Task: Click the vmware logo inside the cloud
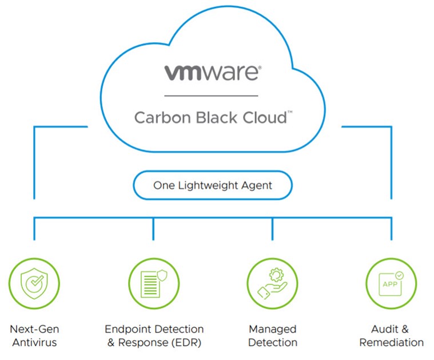click(213, 73)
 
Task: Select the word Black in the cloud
click(217, 117)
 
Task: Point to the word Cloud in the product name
click(265, 117)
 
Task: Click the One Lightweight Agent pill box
click(213, 185)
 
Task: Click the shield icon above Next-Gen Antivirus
click(34, 283)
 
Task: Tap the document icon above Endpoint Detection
click(154, 283)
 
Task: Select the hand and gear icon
click(272, 283)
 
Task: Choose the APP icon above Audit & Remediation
click(391, 283)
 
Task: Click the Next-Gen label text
click(35, 329)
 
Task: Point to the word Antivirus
click(35, 342)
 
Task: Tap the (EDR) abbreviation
click(186, 343)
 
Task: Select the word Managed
click(273, 330)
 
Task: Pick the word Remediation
click(391, 342)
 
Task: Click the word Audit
click(385, 329)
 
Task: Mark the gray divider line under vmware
click(211, 96)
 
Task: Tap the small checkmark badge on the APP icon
click(399, 275)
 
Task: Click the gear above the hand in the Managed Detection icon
click(276, 275)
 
